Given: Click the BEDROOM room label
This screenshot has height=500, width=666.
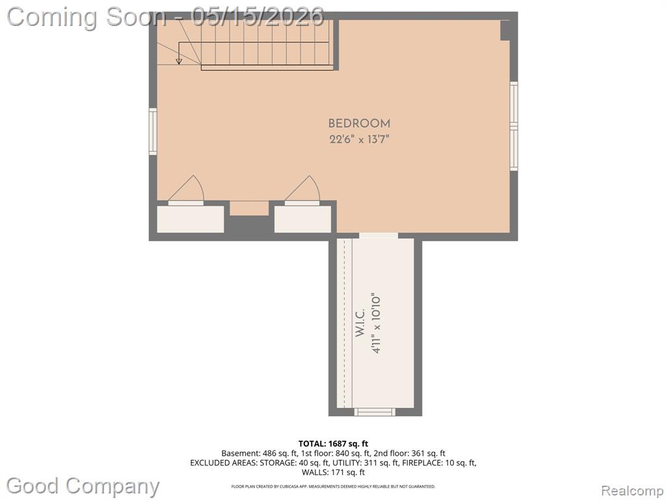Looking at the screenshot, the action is [359, 124].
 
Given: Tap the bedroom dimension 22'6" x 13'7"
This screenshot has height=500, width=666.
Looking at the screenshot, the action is [359, 139].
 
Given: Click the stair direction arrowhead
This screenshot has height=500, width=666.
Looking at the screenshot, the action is [179, 62].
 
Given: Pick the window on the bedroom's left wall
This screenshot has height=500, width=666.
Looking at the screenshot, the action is [153, 131].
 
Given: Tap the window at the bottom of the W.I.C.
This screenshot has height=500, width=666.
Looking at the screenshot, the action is [375, 411].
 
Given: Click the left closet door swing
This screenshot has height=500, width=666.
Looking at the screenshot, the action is [186, 188].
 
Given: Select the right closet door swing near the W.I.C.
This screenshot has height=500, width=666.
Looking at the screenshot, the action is [302, 188].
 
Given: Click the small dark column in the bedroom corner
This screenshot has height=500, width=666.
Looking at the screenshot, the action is [505, 30].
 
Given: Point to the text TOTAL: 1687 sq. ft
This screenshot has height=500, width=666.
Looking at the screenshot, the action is [333, 444].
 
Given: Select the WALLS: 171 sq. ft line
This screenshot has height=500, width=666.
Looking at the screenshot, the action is [333, 473].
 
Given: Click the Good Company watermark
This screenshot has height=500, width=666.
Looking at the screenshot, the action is [83, 486].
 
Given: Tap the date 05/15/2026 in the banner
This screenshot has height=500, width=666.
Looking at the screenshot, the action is [258, 16].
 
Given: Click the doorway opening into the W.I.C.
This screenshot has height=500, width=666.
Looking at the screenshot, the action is [379, 236].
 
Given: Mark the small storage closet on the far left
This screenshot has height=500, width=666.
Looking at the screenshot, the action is [191, 219].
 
